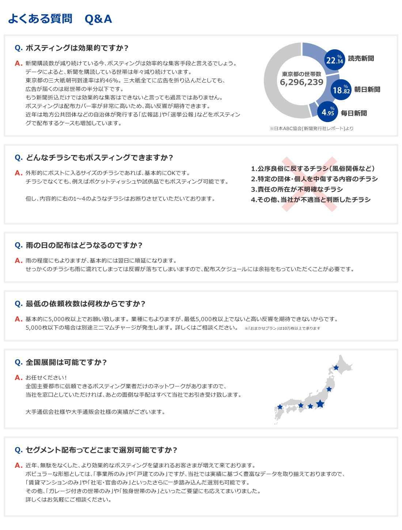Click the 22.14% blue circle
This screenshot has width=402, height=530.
pos(334,60)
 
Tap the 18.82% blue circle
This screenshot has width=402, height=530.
pos(341,90)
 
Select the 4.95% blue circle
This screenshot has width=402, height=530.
pos(328,111)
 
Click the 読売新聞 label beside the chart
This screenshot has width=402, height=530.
pos(361,58)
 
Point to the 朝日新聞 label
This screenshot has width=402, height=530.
pos(367,90)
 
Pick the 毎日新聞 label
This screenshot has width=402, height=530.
pos(354,113)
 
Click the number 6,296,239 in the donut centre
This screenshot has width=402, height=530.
pos(301,82)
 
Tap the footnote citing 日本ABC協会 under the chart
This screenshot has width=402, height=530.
pos(311,128)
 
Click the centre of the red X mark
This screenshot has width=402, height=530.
pos(309,184)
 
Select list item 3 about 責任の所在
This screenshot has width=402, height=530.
pos(297,189)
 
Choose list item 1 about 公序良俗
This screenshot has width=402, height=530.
pos(313,169)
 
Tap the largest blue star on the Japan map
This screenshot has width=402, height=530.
pos(320,404)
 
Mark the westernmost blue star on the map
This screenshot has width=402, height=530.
pos(280,406)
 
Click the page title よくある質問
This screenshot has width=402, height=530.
pos(40,19)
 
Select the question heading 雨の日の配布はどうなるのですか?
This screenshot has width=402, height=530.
pos(84,245)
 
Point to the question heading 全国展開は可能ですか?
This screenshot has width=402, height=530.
pos(66,362)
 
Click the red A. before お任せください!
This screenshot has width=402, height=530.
pos(18,378)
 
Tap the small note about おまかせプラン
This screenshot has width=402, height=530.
pos(282,328)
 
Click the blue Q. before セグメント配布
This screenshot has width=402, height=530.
pos(18,450)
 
